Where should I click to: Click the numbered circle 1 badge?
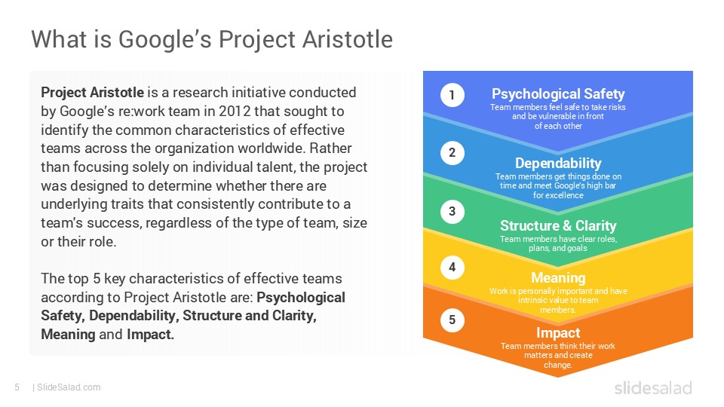pos(452,95)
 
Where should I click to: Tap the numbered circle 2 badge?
pos(452,154)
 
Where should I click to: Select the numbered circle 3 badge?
pos(452,212)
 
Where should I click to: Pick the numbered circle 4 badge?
pos(452,267)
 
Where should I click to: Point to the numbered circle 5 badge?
pos(452,320)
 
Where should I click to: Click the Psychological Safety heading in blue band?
pos(558,94)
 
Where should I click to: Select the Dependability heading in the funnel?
pos(558,164)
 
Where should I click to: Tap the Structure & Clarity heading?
pos(558,226)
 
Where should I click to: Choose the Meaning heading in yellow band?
pos(558,278)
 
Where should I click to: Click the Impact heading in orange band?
pos(558,333)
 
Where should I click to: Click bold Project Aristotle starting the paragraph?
pos(92,93)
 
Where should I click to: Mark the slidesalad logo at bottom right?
pos(653,388)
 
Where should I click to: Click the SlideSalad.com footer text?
pos(68,387)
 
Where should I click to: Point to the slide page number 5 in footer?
pos(17,387)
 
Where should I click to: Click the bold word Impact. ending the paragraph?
pos(150,334)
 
